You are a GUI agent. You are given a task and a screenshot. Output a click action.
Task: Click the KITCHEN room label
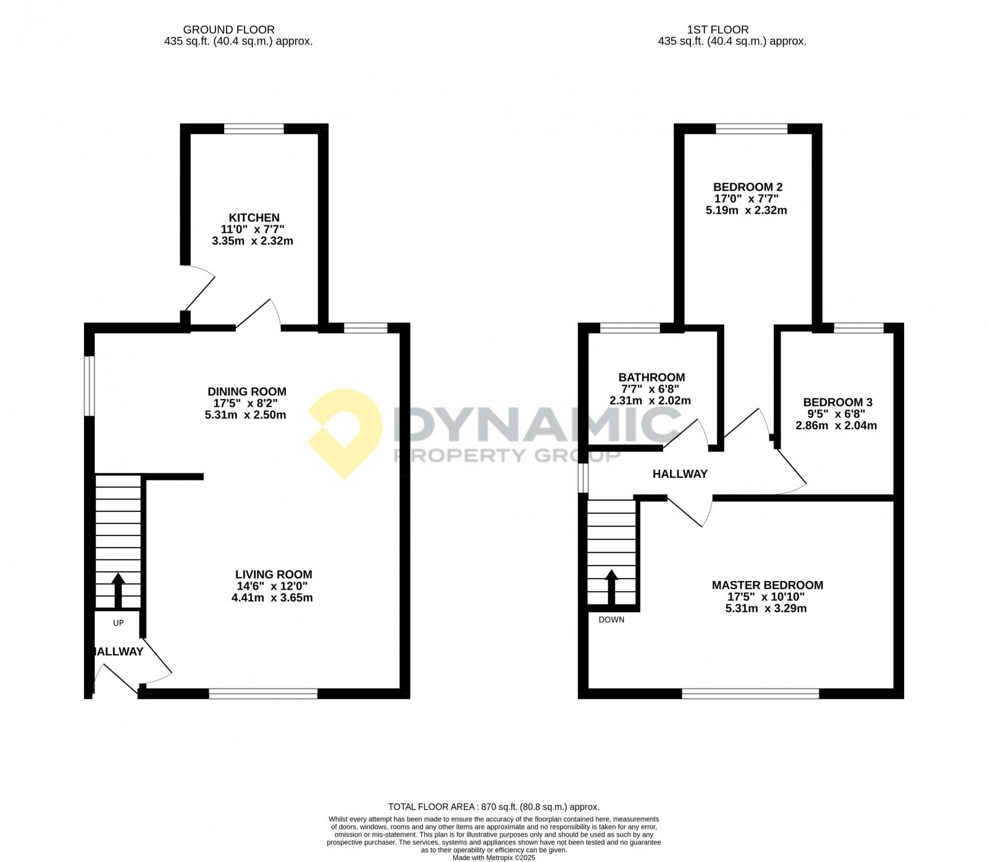254,218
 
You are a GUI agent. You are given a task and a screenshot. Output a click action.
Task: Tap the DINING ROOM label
246,391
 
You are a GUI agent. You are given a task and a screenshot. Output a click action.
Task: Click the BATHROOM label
651,377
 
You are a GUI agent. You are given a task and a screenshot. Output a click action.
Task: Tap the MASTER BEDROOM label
767,585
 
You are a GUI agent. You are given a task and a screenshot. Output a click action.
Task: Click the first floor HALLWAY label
680,474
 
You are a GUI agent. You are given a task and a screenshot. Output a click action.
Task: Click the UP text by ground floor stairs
119,623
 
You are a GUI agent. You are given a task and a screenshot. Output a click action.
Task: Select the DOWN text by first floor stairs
611,619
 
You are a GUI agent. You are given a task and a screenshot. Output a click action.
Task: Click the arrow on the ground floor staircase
117,590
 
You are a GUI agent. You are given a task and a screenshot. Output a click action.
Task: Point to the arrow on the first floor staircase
611,586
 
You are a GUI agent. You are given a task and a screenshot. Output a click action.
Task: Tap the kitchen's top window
254,128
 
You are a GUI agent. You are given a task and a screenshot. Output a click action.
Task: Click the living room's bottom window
263,694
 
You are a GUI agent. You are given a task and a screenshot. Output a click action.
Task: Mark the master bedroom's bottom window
750,694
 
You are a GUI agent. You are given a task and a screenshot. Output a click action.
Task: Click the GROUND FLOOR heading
228,30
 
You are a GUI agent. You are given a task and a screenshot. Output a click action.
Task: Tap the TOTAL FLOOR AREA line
493,806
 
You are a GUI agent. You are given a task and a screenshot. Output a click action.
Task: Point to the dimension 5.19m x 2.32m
746,210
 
